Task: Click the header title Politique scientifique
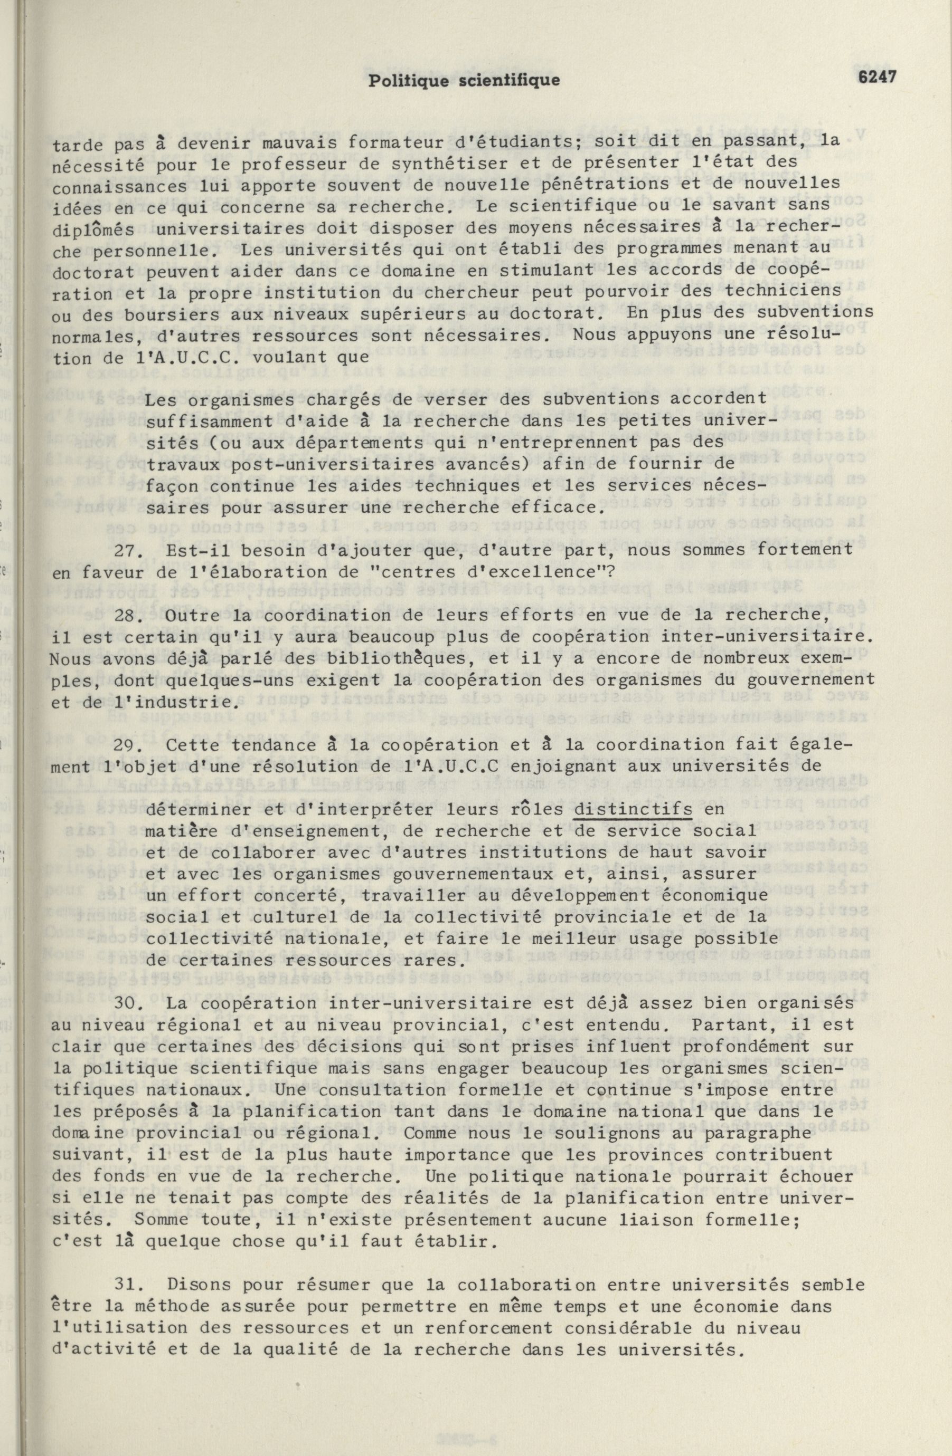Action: (x=464, y=81)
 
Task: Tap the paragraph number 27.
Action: (x=128, y=549)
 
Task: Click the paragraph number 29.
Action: (x=128, y=745)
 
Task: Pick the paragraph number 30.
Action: (x=128, y=1004)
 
